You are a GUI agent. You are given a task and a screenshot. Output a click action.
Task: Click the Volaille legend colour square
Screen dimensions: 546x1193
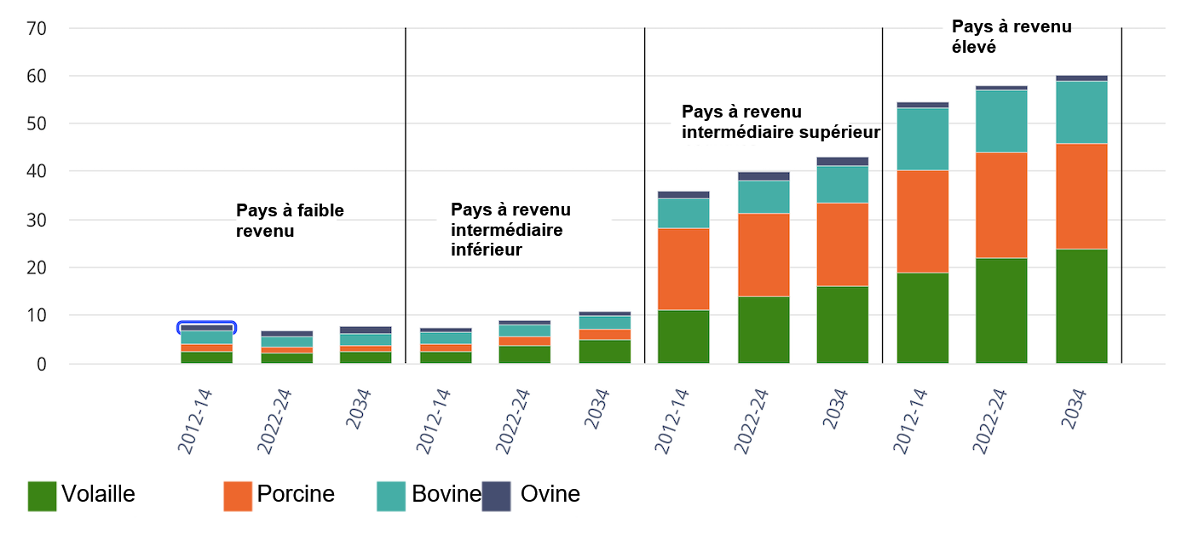coord(42,497)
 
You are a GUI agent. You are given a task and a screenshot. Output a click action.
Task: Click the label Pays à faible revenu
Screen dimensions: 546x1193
coord(290,220)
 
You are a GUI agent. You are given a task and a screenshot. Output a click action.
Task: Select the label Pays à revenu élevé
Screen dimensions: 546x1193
coord(1011,37)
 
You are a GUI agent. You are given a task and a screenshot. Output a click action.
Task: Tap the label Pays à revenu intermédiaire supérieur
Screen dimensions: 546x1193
coord(780,122)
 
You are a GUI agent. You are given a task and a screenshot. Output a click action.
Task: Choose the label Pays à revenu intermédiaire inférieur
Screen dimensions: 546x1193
coord(510,230)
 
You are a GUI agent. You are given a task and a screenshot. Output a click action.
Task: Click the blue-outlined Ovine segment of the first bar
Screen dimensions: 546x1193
coord(206,328)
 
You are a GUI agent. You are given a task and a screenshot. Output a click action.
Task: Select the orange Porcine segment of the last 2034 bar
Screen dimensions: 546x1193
coord(1081,196)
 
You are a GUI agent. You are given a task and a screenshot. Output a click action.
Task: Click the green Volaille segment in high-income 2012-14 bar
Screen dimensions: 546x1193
coord(922,318)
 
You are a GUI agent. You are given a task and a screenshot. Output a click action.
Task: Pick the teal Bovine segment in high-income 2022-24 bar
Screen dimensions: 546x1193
coord(1001,121)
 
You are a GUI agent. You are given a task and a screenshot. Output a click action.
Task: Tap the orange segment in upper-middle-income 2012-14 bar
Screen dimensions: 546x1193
coord(683,268)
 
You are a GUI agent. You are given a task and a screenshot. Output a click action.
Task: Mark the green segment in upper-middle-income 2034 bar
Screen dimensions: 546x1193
coord(842,325)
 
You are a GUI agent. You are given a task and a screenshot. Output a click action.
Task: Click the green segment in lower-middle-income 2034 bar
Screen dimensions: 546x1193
coord(604,351)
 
